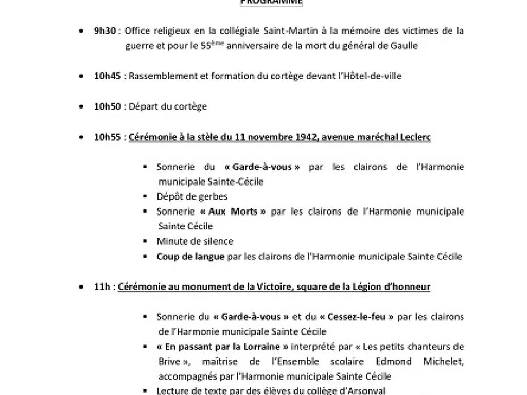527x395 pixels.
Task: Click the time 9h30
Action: click(104, 31)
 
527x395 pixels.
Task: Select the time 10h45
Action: click(107, 76)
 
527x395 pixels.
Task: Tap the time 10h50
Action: click(107, 106)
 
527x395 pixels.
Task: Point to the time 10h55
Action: click(107, 137)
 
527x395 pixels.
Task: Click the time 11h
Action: click(102, 287)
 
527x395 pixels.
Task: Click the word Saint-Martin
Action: click(251, 31)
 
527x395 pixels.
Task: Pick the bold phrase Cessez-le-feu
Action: click(355, 317)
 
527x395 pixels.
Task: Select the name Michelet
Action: click(443, 361)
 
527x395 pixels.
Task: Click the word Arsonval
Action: click(360, 390)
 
